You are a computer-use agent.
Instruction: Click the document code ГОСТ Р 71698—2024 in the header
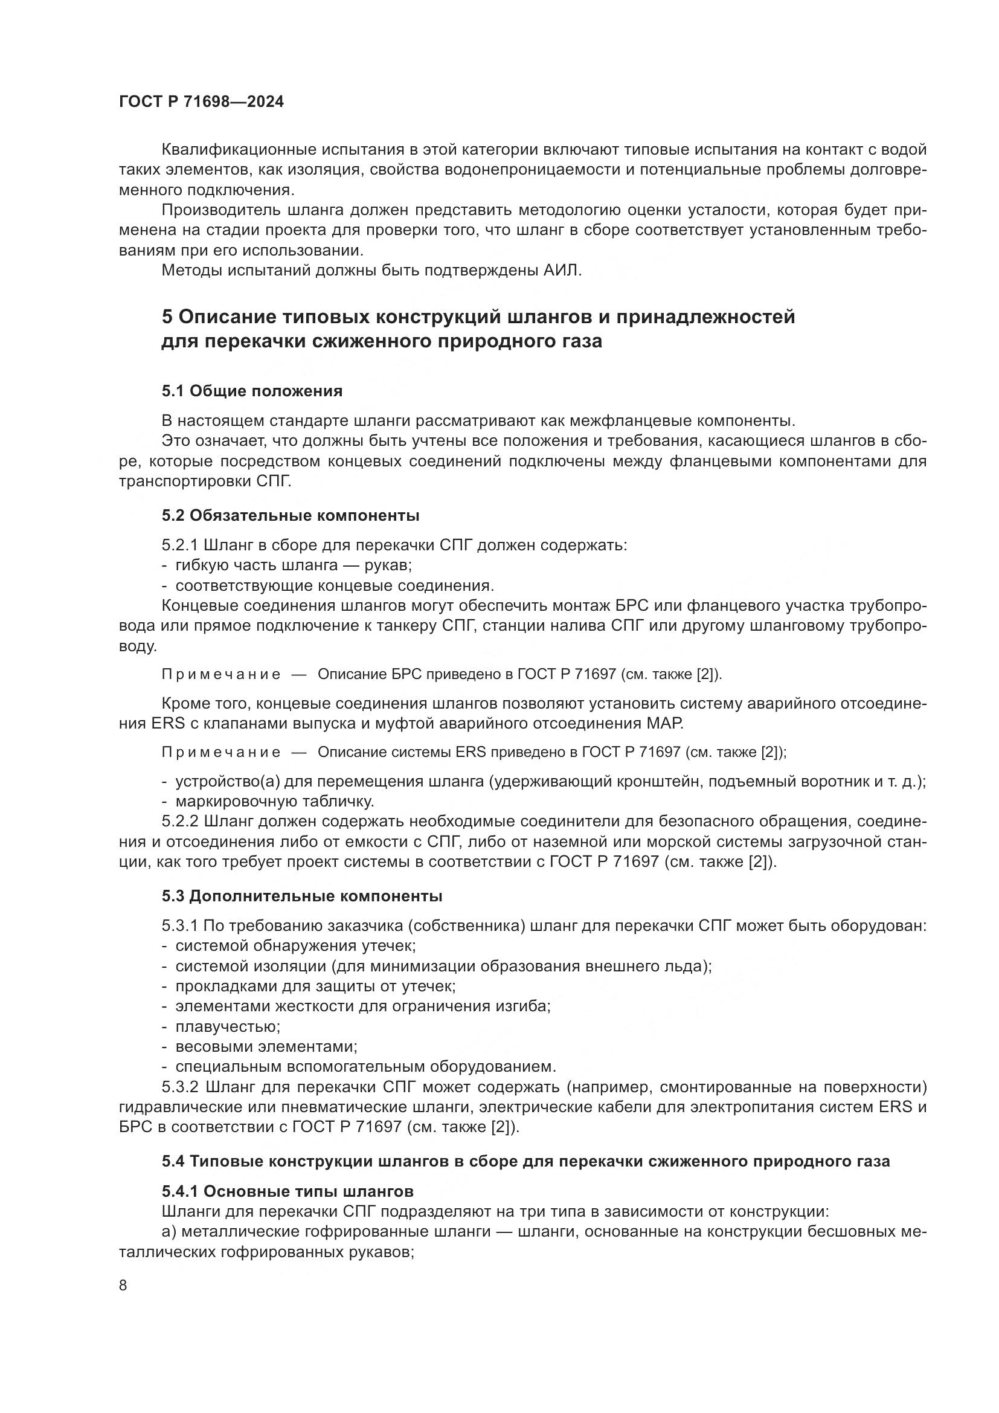tap(201, 102)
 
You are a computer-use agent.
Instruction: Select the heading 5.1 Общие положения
tap(252, 391)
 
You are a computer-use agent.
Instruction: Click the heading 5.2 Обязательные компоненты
tap(291, 515)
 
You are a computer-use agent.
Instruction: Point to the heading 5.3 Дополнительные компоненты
tap(302, 896)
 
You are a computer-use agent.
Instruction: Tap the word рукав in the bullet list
tap(387, 565)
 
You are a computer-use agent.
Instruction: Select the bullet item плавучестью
tap(228, 1026)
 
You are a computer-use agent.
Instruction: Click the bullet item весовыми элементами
tap(266, 1046)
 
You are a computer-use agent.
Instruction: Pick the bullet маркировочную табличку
tap(274, 801)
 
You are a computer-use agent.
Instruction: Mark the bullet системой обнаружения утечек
tap(295, 946)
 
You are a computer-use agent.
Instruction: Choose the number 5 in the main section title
tap(168, 317)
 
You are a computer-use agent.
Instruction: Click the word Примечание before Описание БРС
tap(221, 675)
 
